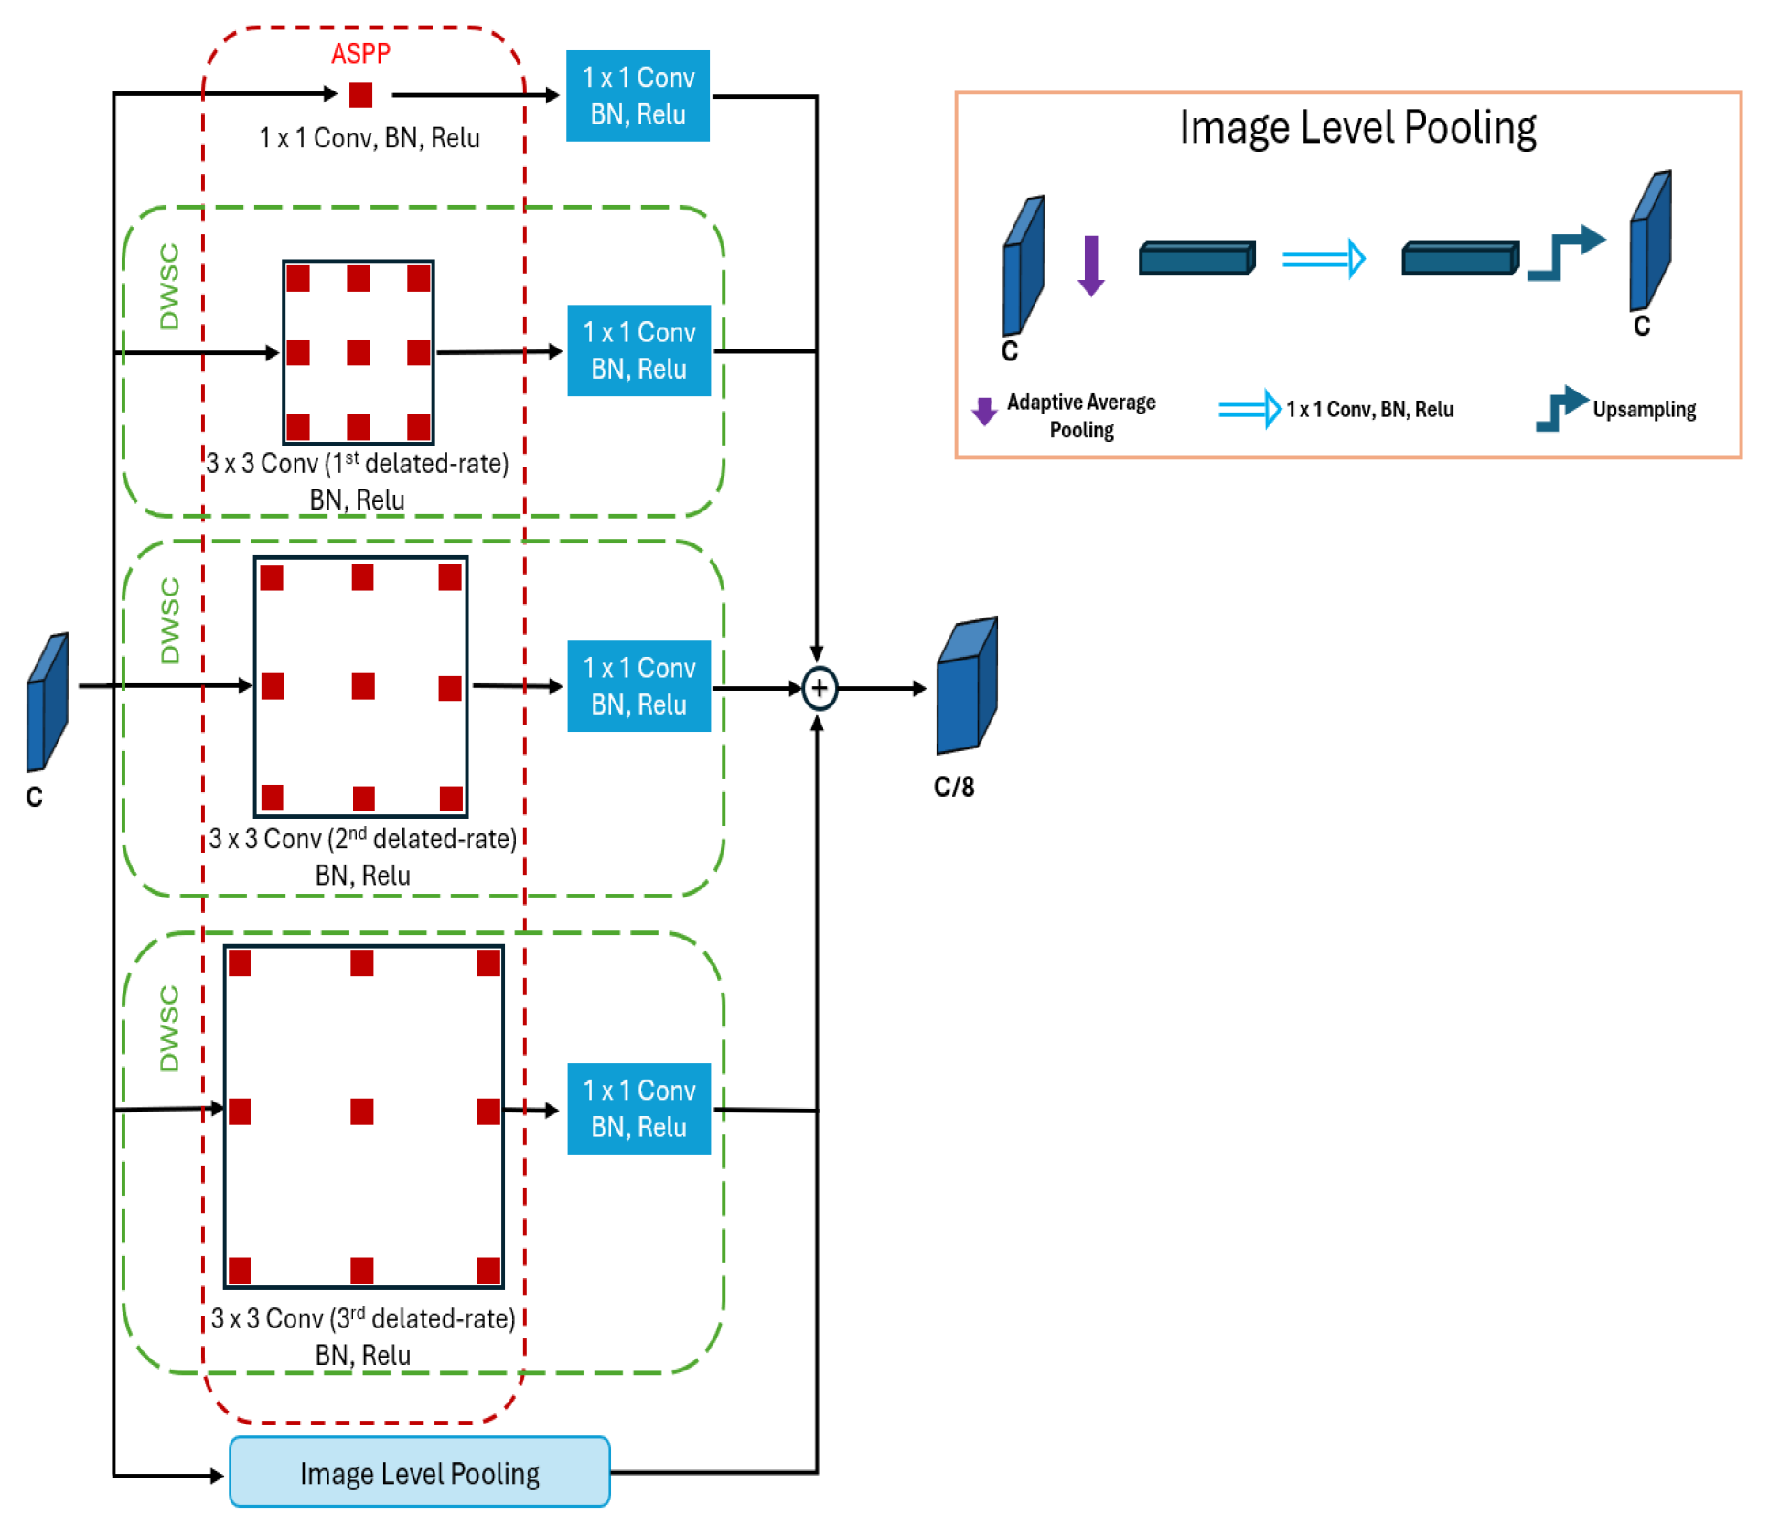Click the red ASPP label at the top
[x=360, y=54]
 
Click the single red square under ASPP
[x=361, y=94]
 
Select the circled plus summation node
[x=819, y=688]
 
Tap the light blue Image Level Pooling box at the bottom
[x=419, y=1472]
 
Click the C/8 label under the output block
[x=953, y=787]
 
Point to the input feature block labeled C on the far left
[x=48, y=702]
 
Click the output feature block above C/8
[x=966, y=685]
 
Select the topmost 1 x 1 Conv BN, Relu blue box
[x=638, y=95]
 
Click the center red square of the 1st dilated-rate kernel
[x=359, y=352]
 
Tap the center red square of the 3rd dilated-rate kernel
[x=362, y=1111]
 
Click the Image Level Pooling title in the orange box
[x=1357, y=128]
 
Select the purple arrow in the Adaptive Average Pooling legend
[x=984, y=411]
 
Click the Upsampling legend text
[x=1644, y=409]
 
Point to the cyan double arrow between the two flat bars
[x=1324, y=259]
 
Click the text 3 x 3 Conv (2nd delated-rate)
[x=362, y=838]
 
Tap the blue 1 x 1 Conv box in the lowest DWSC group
[x=638, y=1108]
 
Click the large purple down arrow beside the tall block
[x=1090, y=265]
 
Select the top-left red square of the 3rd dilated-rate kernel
[x=240, y=962]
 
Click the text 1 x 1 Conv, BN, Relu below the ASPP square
[x=370, y=138]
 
